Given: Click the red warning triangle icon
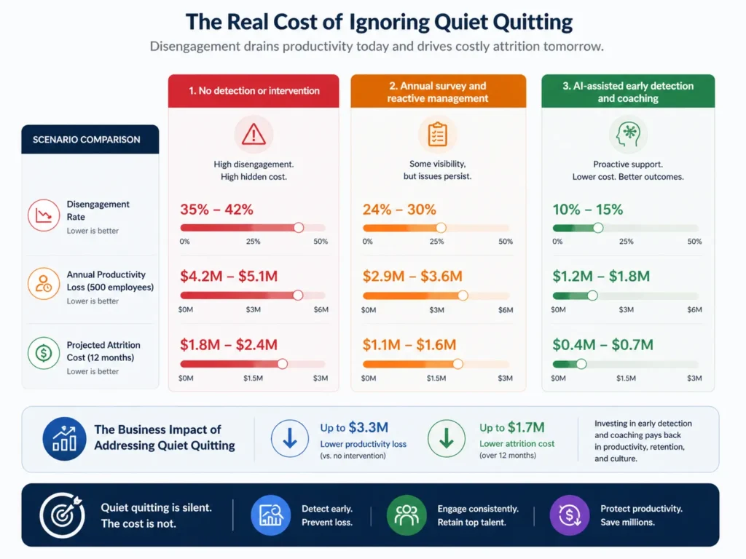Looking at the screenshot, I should [254, 134].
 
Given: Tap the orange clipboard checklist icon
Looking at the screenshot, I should [438, 134].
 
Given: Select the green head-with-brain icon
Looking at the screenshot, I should [627, 134].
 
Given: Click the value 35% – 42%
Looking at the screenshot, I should [216, 210].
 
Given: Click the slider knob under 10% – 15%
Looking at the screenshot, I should [598, 228].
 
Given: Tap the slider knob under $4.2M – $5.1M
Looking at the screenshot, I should [297, 296].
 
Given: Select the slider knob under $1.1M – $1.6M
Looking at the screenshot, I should [458, 364].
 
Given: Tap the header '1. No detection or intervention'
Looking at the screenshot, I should [254, 91].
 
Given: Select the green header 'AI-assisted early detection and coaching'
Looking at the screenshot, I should [627, 92].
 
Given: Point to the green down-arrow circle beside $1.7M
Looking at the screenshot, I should [447, 439].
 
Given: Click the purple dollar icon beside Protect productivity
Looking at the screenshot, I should [570, 515].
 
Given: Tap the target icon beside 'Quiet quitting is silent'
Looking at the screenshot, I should [62, 515].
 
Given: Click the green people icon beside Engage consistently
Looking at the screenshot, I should [406, 515].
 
